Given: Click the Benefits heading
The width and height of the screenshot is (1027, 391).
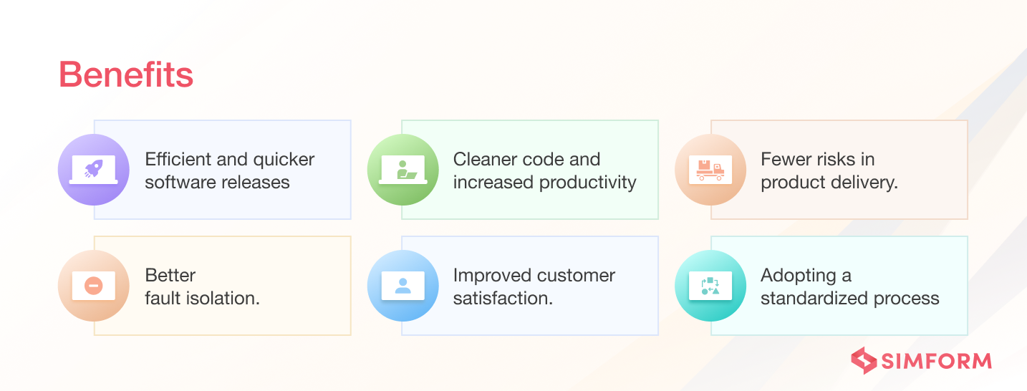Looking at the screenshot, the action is point(126,74).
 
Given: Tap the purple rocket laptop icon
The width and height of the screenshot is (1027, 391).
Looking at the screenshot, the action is point(94,170).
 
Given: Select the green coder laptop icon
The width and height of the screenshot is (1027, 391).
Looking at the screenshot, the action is point(403,170).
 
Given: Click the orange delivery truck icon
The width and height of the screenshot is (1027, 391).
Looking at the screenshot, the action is point(710,170).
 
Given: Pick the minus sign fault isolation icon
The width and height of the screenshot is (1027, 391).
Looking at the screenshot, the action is point(94,286).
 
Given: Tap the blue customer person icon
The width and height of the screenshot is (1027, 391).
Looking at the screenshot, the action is point(403,286).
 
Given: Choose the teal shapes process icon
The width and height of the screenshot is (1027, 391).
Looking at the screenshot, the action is point(710,286).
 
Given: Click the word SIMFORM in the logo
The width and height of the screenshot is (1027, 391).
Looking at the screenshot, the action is point(937,361).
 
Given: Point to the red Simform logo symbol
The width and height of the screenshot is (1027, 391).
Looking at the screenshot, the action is point(864,360).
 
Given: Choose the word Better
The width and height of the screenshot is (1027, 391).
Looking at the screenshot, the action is point(170,275).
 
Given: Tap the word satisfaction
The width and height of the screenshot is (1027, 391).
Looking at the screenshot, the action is point(503,299).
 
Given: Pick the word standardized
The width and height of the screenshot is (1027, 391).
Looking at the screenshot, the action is point(814,298).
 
